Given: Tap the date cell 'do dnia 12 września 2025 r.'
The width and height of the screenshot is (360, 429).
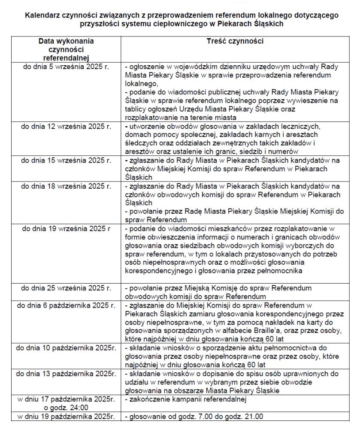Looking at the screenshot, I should pos(67,127).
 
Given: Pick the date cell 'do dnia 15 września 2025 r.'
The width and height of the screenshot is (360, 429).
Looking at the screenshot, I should pos(67,160).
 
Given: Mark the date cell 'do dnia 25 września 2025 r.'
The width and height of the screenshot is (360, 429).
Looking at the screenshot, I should pos(67,287).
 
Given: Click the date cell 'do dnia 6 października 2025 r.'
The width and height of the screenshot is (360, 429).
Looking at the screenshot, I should pos(66,306).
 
